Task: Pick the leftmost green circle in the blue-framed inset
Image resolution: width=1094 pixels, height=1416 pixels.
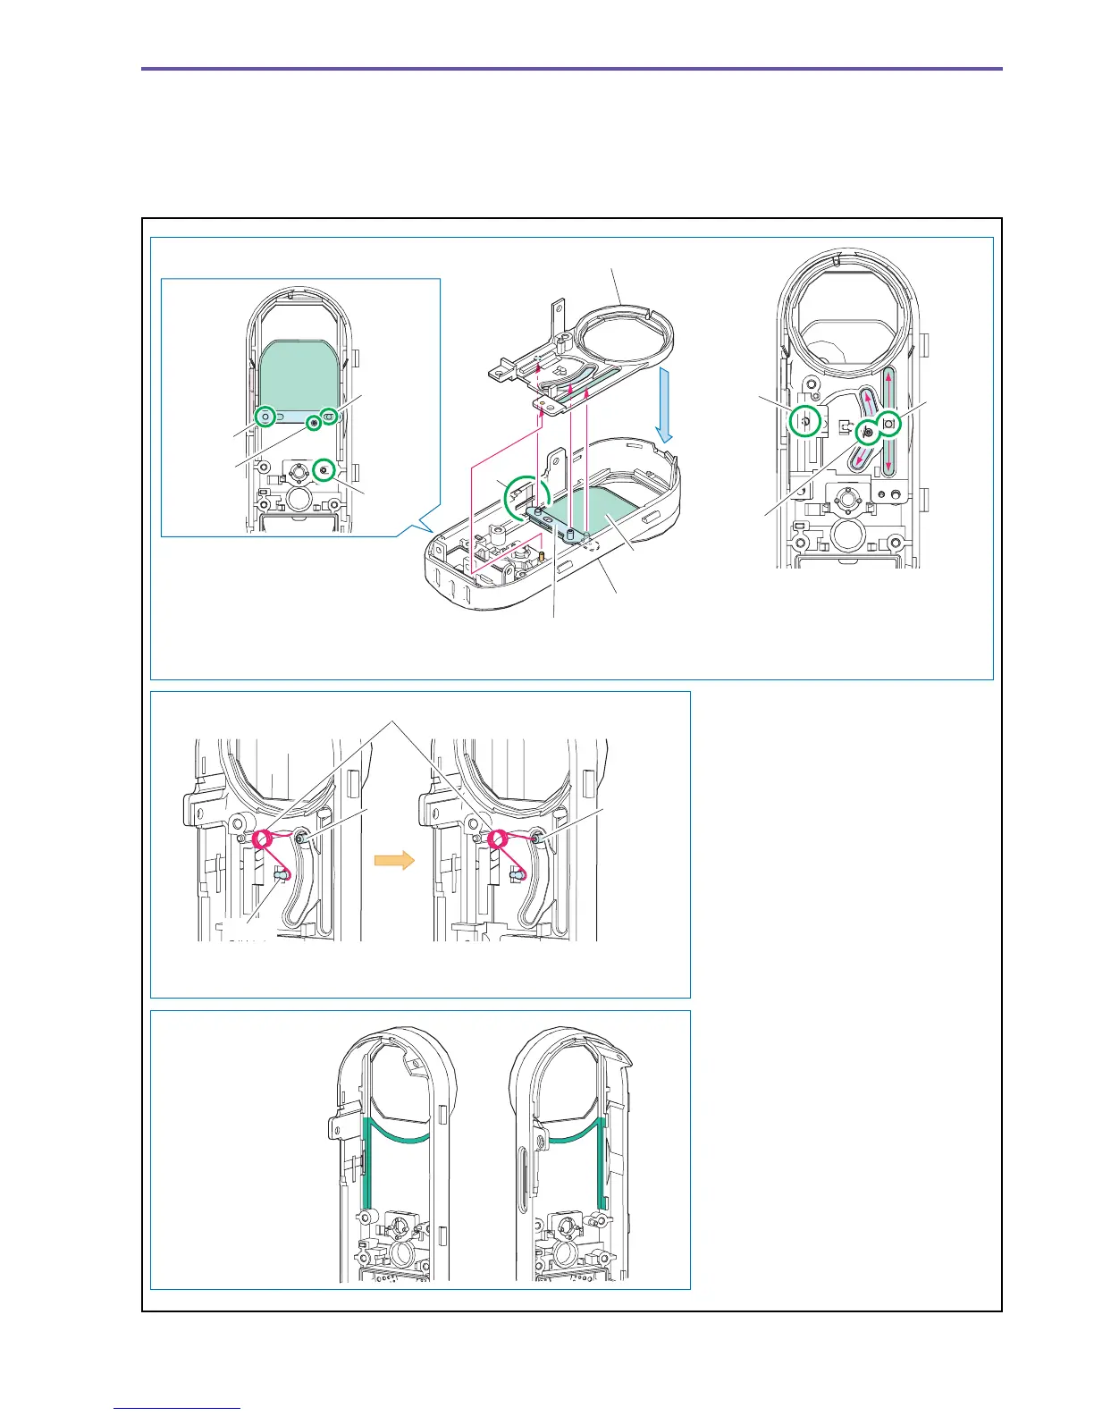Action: click(265, 417)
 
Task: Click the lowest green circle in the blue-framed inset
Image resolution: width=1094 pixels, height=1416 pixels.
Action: click(324, 467)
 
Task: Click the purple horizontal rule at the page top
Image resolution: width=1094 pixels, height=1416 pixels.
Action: click(572, 69)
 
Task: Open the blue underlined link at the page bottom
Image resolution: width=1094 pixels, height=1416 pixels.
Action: click(178, 1408)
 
